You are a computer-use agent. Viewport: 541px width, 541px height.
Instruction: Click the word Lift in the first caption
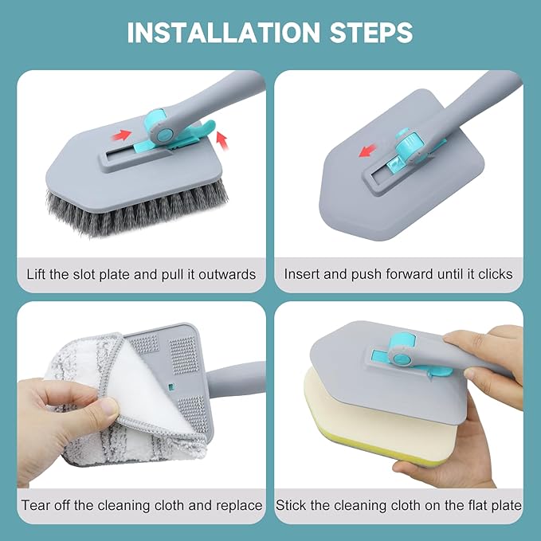click(x=39, y=274)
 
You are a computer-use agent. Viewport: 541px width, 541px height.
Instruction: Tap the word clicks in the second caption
click(x=495, y=274)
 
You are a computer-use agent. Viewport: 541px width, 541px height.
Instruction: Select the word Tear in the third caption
click(x=36, y=505)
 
